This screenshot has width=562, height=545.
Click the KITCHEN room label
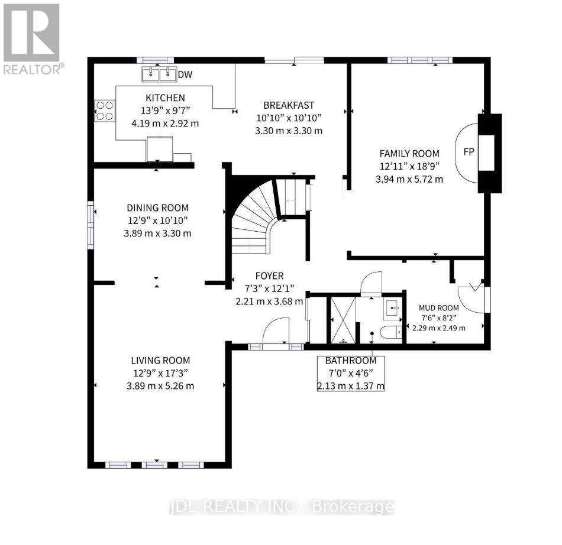(x=166, y=98)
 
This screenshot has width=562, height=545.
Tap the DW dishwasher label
(x=186, y=74)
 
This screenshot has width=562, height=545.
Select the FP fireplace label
(x=469, y=152)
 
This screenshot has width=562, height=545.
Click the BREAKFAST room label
(x=289, y=105)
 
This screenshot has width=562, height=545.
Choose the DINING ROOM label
(x=157, y=207)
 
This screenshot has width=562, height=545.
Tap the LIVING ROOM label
(x=160, y=360)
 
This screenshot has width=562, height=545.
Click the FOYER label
(x=269, y=275)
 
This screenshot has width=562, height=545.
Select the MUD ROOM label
(x=439, y=307)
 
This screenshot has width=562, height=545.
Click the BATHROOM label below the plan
(x=351, y=360)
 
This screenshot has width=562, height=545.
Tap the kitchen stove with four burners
(x=105, y=110)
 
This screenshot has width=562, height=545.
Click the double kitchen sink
(x=160, y=74)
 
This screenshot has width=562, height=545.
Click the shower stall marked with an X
(x=343, y=319)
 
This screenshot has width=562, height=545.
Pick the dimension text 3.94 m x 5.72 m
(x=409, y=179)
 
